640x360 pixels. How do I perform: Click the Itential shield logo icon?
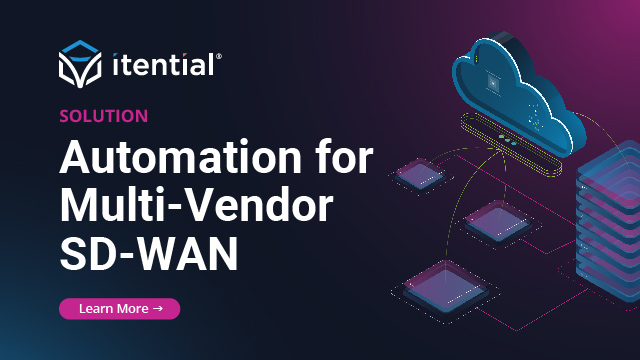(81, 65)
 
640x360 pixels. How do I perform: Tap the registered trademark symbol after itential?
(219, 57)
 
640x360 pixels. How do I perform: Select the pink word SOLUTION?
(104, 116)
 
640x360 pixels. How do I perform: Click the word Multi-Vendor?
(196, 205)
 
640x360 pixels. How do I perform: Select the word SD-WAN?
(149, 252)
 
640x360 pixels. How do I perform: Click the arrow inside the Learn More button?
(158, 309)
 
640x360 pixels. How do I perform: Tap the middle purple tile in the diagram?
(493, 217)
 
